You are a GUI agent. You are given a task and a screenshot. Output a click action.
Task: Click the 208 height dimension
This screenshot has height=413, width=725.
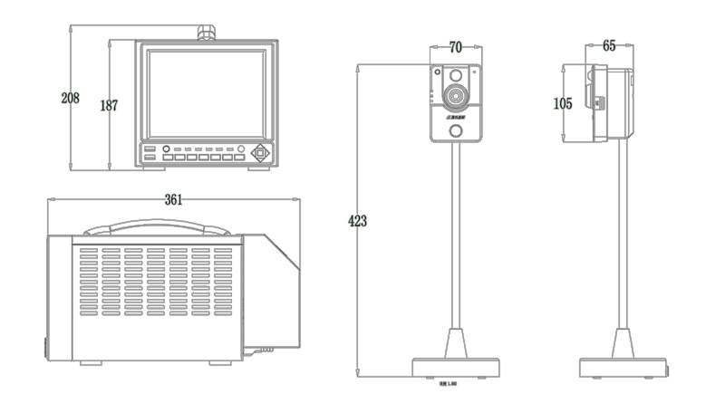pos(70,97)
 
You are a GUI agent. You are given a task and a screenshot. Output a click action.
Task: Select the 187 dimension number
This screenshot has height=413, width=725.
pos(109,105)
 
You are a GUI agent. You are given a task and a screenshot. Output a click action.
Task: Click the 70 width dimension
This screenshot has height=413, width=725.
pos(456,46)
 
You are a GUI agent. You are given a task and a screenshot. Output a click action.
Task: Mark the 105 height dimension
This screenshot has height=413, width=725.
pos(563,103)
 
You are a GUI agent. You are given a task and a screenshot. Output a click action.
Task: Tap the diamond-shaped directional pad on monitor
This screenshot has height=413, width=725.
pos(261,152)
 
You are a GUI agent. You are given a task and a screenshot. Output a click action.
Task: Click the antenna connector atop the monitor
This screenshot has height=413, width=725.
pos(206,34)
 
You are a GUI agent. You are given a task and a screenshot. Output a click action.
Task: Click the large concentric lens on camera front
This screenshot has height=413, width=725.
pos(455,94)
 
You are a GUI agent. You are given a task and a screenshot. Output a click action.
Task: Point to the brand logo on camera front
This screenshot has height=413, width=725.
pos(456,116)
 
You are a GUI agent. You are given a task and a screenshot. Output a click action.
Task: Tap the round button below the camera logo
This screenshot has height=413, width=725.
pos(457,132)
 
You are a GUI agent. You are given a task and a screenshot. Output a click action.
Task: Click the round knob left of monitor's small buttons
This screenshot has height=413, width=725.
pos(166,149)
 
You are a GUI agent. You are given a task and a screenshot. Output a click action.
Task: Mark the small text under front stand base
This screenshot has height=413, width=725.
pos(447,383)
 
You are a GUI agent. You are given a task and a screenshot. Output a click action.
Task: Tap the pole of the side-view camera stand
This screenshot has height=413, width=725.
pos(622,245)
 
